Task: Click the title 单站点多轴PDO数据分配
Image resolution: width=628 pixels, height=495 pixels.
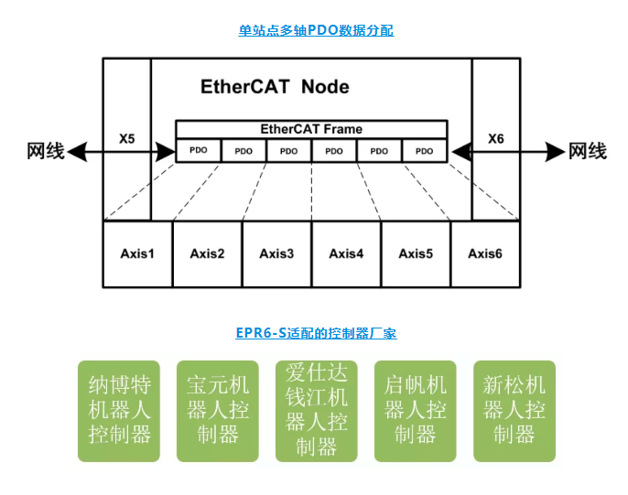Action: [x=316, y=30]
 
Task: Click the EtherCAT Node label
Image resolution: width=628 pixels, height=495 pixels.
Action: [x=275, y=88]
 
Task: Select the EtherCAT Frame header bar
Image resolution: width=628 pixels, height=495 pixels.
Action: [x=311, y=129]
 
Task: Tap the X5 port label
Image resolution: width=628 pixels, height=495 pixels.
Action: [x=127, y=140]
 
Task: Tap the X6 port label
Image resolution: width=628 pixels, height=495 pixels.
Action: [x=495, y=139]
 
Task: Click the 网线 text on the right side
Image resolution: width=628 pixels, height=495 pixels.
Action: [x=587, y=151]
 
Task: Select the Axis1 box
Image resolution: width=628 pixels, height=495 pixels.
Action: [x=137, y=253]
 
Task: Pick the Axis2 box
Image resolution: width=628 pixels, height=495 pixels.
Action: [x=207, y=253]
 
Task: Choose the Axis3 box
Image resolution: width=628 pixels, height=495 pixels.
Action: [x=276, y=253]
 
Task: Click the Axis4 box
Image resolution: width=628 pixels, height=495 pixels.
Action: [x=346, y=253]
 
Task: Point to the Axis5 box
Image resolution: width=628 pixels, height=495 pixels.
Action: [x=416, y=253]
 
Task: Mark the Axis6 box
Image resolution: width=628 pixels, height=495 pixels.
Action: [x=485, y=253]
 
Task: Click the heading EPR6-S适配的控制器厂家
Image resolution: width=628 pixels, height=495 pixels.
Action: [x=316, y=334]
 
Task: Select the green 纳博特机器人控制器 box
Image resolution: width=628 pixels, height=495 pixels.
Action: [x=119, y=410]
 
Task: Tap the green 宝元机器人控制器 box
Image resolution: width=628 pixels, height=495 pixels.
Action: [x=217, y=410]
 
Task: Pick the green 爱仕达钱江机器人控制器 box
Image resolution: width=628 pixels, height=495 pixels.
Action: [x=316, y=410]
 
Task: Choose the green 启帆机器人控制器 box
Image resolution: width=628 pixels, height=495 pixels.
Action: [x=415, y=410]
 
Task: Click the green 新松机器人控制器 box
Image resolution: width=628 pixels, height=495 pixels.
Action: [x=514, y=410]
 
